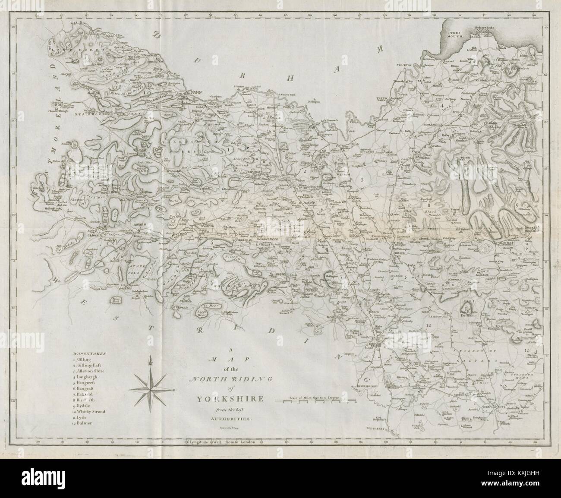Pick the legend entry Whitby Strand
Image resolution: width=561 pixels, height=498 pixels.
89,411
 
